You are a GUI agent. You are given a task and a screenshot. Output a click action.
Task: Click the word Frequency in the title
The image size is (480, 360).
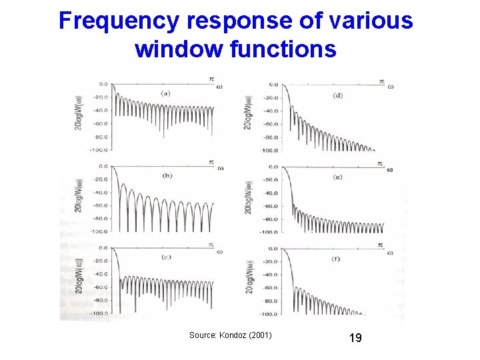point(118,21)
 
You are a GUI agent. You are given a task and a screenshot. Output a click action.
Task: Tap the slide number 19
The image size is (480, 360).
point(355,338)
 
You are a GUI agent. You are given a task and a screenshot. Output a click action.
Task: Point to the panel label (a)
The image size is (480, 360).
point(165,93)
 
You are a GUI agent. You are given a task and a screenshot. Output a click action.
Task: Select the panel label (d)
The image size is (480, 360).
point(337,96)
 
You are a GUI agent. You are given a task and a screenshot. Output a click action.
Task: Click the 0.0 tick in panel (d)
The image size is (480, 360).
point(274,85)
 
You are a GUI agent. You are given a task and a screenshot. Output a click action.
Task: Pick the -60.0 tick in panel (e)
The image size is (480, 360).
point(271,206)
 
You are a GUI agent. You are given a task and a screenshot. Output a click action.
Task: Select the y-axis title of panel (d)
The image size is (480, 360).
point(248,110)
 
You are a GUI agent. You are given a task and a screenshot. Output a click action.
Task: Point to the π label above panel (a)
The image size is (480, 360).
point(211,79)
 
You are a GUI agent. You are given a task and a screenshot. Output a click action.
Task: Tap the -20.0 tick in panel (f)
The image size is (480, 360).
point(271,261)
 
